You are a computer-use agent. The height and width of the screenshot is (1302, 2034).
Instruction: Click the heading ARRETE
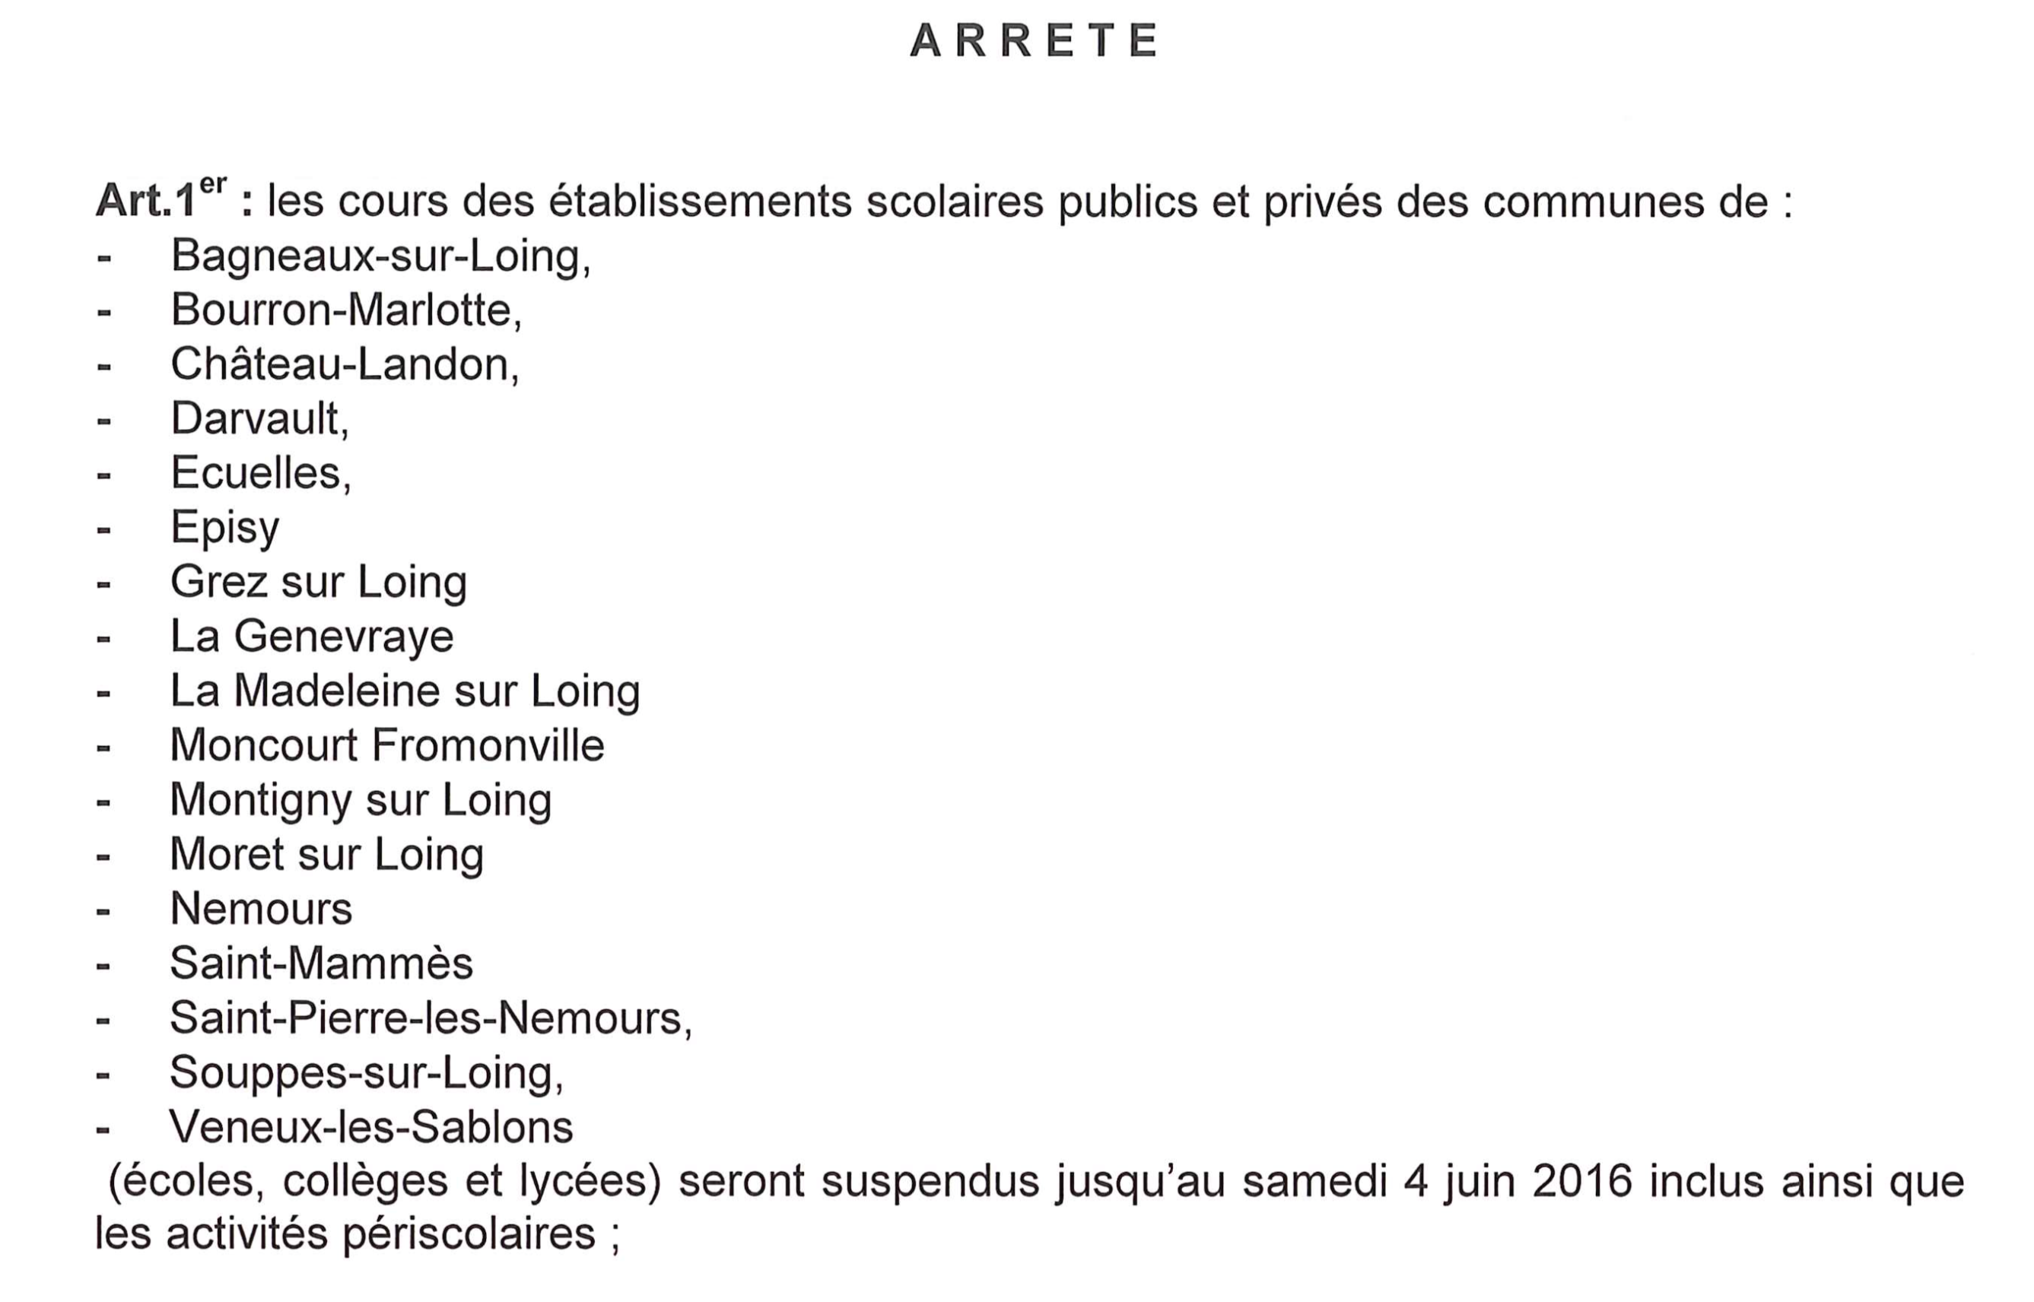[1033, 40]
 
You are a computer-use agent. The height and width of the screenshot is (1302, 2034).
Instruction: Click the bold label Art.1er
[160, 199]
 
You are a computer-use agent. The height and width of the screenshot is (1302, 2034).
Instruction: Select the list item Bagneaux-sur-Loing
[380, 256]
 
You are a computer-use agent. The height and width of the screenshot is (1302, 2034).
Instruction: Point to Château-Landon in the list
[344, 364]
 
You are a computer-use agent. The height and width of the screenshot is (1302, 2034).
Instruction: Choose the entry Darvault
[259, 418]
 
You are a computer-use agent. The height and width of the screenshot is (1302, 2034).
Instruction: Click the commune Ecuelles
[259, 472]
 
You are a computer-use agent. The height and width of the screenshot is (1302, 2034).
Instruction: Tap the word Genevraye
[343, 637]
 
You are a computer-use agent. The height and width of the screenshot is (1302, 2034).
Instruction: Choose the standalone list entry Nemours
[260, 909]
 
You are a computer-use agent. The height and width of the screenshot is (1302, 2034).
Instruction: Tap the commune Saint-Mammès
[320, 964]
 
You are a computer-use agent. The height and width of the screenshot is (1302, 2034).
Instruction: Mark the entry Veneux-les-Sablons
[371, 1127]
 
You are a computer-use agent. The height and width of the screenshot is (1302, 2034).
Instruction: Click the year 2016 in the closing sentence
[1581, 1181]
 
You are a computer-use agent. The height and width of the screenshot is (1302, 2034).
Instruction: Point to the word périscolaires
[469, 1234]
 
